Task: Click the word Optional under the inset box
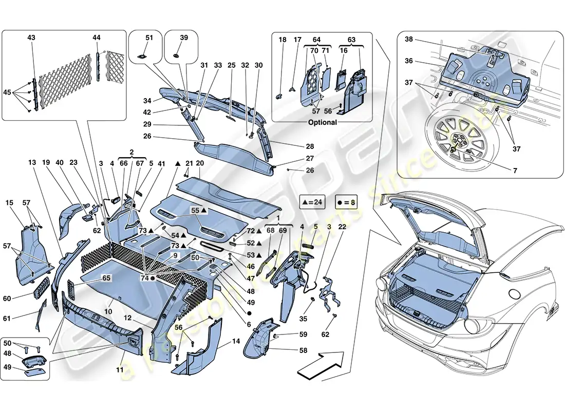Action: pos(323,122)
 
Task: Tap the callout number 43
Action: pos(31,38)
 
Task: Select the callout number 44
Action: pos(97,38)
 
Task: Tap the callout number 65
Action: pos(106,277)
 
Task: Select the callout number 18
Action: pos(282,40)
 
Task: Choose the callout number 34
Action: pos(147,101)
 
